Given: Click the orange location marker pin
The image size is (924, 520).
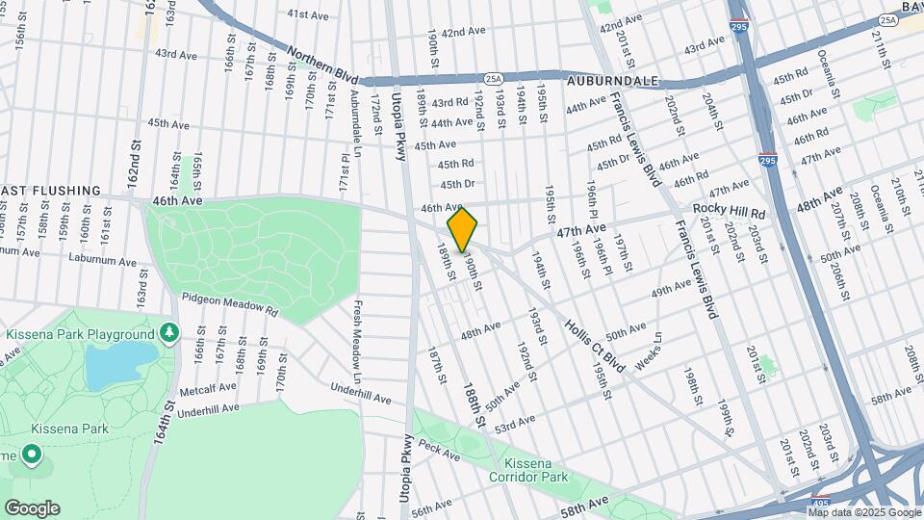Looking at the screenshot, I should pos(462,229).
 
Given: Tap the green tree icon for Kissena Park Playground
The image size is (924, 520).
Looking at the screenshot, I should pos(169,332).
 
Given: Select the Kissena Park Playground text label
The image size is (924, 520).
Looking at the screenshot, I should pos(80,334).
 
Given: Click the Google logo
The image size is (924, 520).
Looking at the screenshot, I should pos(32,507).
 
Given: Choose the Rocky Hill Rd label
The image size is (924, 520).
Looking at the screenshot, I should pos(729,212).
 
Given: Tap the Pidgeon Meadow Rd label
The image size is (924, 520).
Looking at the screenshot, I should pos(229,305).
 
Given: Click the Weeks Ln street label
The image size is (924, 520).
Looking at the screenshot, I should pos(651,349).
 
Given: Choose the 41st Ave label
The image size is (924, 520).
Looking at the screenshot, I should pos(309,14).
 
